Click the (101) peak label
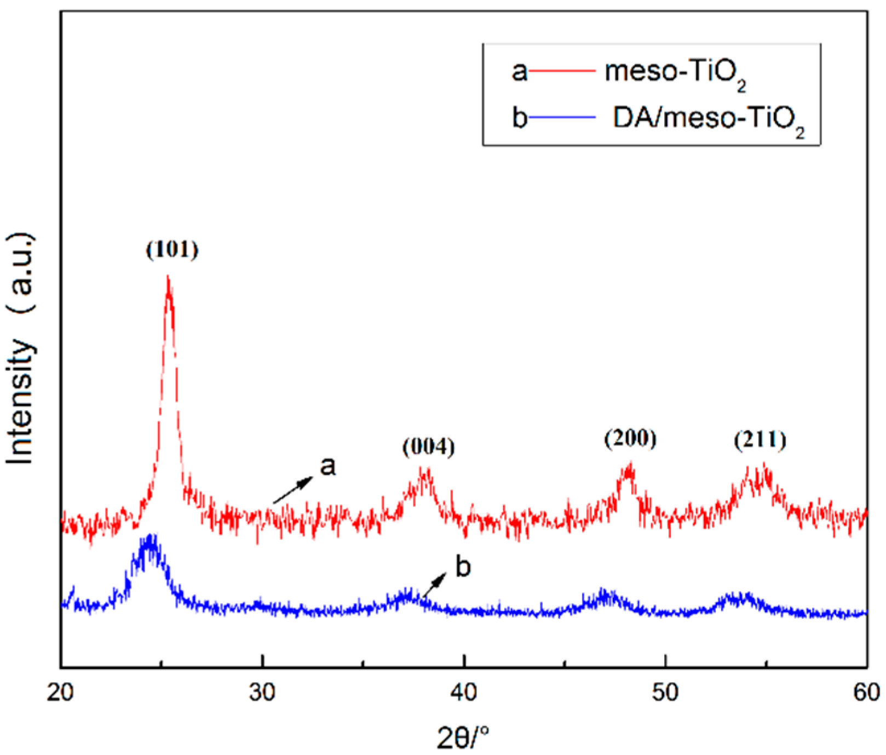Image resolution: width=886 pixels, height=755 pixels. (x=172, y=250)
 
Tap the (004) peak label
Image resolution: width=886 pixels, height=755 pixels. (x=428, y=447)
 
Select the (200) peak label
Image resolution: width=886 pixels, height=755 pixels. (x=630, y=438)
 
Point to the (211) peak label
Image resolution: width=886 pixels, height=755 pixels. (x=760, y=440)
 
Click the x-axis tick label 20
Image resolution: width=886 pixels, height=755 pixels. (x=60, y=693)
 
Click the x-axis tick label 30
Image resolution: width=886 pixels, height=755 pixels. (x=262, y=693)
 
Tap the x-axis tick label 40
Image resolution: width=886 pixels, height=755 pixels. (x=464, y=693)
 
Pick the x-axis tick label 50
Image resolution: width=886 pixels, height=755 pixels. (x=665, y=693)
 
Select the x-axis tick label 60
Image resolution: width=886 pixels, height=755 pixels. (x=867, y=693)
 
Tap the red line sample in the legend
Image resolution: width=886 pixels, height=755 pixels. (x=561, y=71)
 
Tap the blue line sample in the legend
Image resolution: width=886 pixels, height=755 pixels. (x=561, y=117)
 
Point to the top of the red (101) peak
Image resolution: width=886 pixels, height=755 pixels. (x=168, y=277)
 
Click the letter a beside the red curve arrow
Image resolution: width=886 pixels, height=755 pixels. (x=328, y=467)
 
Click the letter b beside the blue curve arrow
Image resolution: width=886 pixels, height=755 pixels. (x=463, y=568)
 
